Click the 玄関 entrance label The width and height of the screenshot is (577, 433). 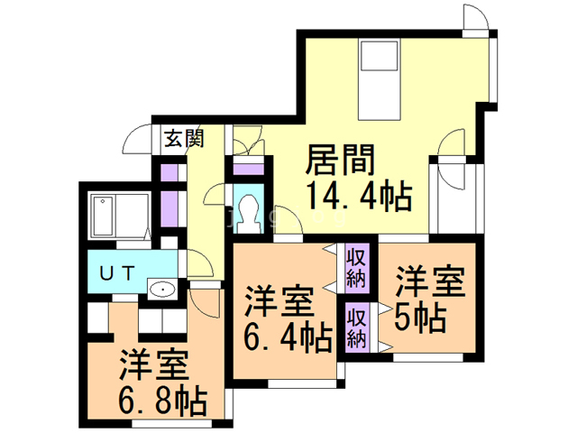pos(183,139)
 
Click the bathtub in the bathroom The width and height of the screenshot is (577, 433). pos(120,216)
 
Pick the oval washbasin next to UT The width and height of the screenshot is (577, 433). pos(161,290)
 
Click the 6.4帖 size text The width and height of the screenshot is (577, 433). pos(288,337)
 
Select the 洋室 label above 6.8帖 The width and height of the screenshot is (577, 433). pos(153,366)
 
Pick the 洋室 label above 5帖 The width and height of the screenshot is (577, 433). pos(431,282)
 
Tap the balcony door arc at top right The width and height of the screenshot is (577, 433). pos(477,17)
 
